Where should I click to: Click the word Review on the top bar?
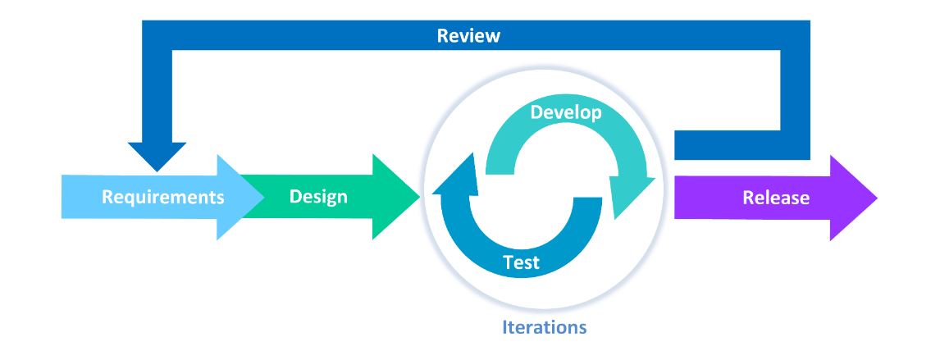point(468,36)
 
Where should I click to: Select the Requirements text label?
point(162,198)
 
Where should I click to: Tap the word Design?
point(319,198)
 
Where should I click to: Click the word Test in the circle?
point(521,262)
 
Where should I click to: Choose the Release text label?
point(775,198)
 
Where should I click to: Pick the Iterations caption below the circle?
point(544,327)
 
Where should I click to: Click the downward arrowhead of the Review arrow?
point(157,155)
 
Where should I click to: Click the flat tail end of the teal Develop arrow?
point(503,164)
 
